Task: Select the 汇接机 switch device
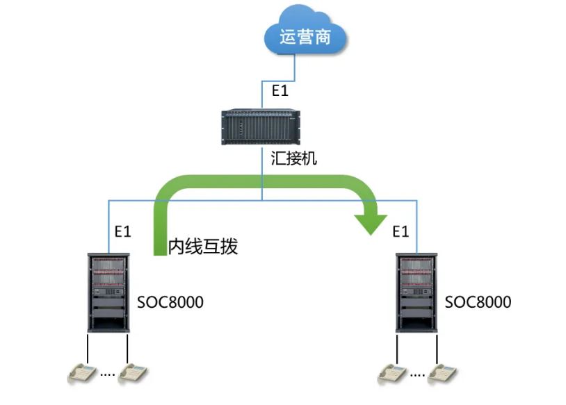[262, 126]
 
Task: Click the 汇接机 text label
[294, 159]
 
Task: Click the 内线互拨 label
[203, 247]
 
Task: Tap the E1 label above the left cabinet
[123, 231]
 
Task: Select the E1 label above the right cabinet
[401, 231]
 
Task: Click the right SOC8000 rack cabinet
[417, 292]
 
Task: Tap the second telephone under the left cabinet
[132, 374]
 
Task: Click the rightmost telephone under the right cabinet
[442, 374]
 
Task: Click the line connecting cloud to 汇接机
[296, 76]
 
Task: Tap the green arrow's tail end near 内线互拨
[159, 247]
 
